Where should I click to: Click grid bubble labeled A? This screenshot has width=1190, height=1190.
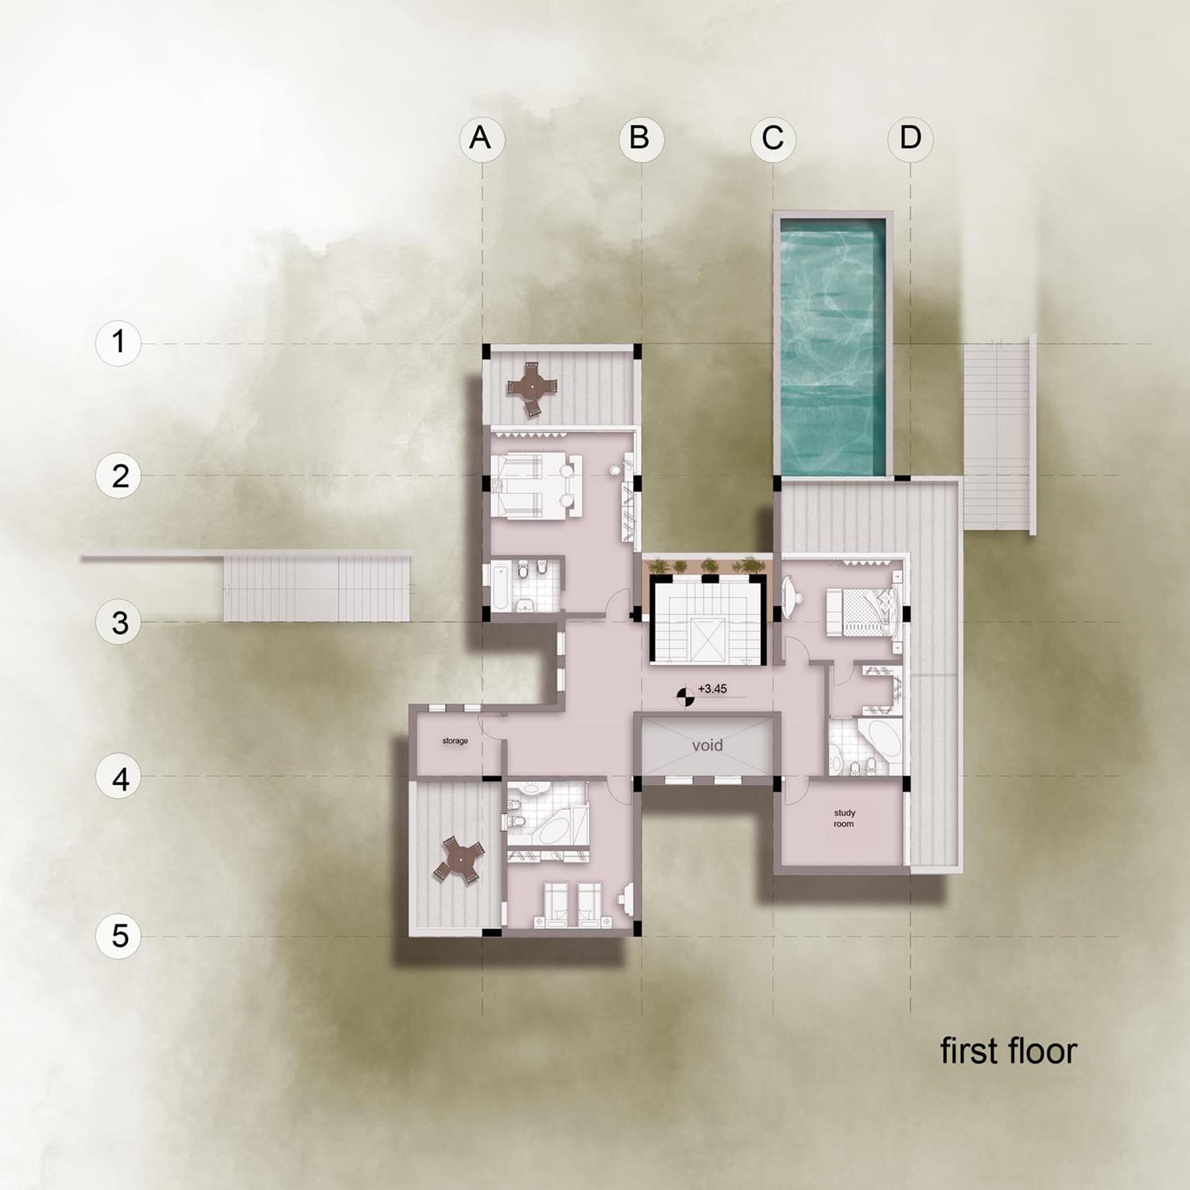point(481,138)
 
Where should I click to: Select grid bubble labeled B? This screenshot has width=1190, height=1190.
point(641,138)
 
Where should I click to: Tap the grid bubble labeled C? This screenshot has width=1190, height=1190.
point(773,138)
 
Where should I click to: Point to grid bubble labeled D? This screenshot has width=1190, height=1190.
point(911,138)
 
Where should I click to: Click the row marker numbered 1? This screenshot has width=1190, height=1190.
point(118,343)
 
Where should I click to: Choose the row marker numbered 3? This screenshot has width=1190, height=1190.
point(118,622)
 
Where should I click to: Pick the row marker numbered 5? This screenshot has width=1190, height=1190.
point(118,936)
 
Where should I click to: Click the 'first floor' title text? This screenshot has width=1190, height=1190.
point(1008,1052)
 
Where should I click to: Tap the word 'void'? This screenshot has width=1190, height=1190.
point(707,746)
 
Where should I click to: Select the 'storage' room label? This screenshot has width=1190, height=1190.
point(455,741)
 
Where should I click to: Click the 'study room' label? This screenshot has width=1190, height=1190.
point(844,818)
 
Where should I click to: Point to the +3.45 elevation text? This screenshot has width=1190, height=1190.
point(713,689)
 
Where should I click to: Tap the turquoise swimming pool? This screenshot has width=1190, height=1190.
point(833,346)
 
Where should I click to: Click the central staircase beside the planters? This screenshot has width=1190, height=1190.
point(707,622)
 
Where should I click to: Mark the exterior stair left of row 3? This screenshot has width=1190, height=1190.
point(316,588)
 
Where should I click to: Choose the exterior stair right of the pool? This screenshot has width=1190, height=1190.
point(997,435)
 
